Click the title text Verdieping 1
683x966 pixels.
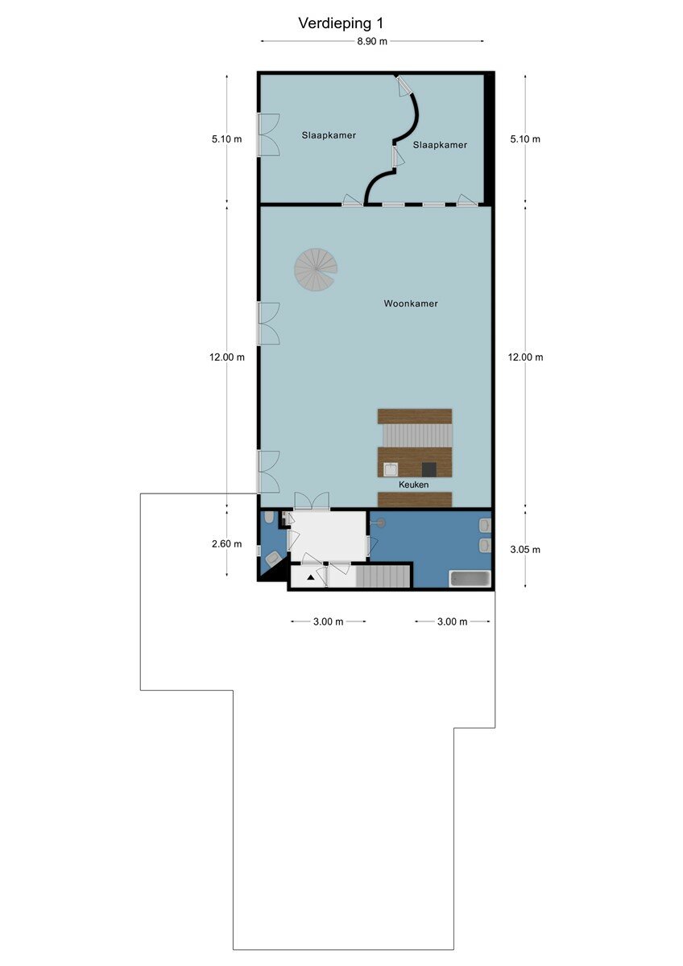click(341, 23)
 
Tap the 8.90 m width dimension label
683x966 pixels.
click(372, 41)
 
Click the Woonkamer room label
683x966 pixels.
click(410, 303)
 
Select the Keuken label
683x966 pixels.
click(413, 485)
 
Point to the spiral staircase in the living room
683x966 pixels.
click(316, 270)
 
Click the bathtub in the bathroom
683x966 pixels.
click(470, 578)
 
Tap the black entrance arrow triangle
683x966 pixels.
click(311, 577)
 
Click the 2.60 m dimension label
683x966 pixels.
click(226, 544)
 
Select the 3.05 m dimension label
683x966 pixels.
click(525, 549)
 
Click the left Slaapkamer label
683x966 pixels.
click(329, 135)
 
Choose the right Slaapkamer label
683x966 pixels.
click(440, 145)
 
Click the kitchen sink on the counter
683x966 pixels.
click(391, 469)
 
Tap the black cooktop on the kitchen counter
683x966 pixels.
click(429, 469)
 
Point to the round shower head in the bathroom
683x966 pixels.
click(380, 523)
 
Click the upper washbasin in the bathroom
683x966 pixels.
click(485, 525)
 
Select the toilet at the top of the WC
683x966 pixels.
click(268, 518)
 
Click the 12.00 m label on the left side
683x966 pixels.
click(227, 357)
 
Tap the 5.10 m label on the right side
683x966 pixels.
click(525, 138)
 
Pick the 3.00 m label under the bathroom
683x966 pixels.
click(452, 621)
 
